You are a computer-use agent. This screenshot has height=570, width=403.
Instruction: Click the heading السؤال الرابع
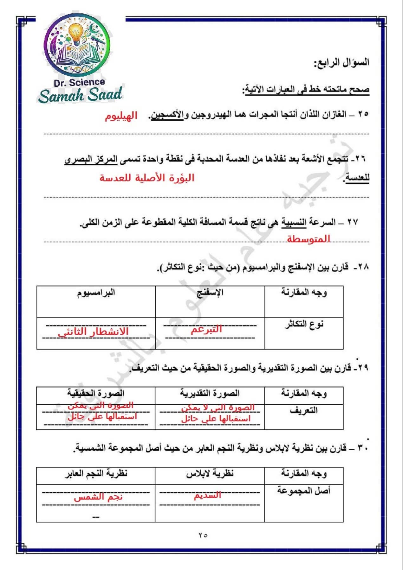341,62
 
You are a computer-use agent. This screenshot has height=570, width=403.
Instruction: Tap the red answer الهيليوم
121,116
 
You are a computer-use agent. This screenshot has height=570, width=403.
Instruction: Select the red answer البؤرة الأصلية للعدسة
147,178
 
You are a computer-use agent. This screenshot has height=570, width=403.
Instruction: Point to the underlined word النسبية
294,223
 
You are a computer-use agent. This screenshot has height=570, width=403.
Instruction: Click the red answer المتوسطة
308,239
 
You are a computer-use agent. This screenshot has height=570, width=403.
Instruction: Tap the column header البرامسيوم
96,293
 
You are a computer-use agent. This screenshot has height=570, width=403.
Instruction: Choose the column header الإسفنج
210,293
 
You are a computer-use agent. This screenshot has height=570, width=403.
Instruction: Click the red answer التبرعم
206,330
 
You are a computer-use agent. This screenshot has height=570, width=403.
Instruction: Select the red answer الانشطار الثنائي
93,332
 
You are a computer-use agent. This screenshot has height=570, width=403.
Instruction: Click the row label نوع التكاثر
304,324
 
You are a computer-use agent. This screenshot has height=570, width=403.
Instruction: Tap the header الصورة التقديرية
210,394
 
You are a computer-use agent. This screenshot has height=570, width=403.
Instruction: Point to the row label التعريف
304,411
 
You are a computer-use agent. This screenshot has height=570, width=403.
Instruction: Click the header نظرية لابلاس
210,474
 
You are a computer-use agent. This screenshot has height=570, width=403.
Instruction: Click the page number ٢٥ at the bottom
203,535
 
